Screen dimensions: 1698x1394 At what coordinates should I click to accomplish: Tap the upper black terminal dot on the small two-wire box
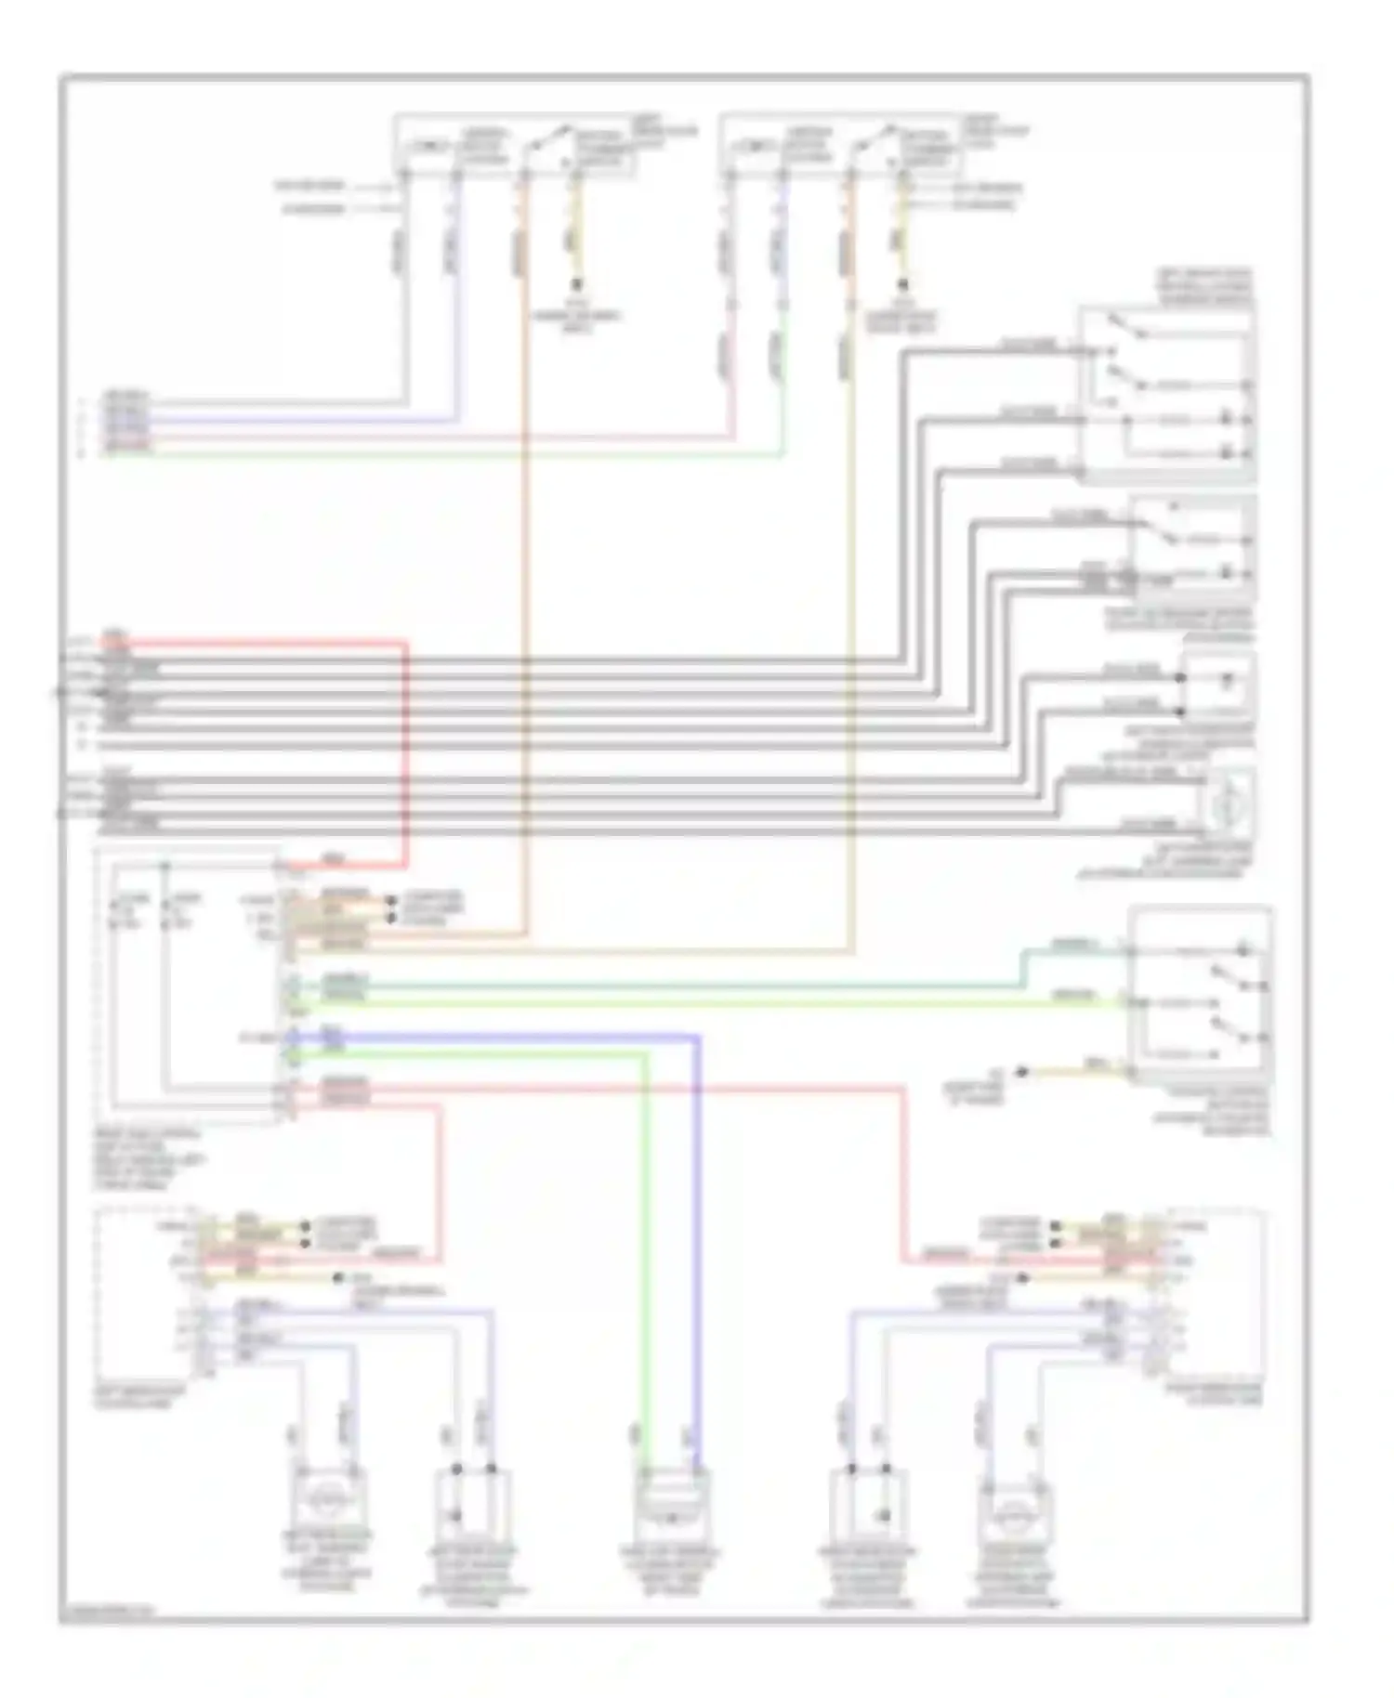(1181, 678)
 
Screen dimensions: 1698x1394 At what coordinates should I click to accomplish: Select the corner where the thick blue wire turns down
(697, 1036)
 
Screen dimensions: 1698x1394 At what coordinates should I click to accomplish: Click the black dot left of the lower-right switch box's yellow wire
(1020, 1072)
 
